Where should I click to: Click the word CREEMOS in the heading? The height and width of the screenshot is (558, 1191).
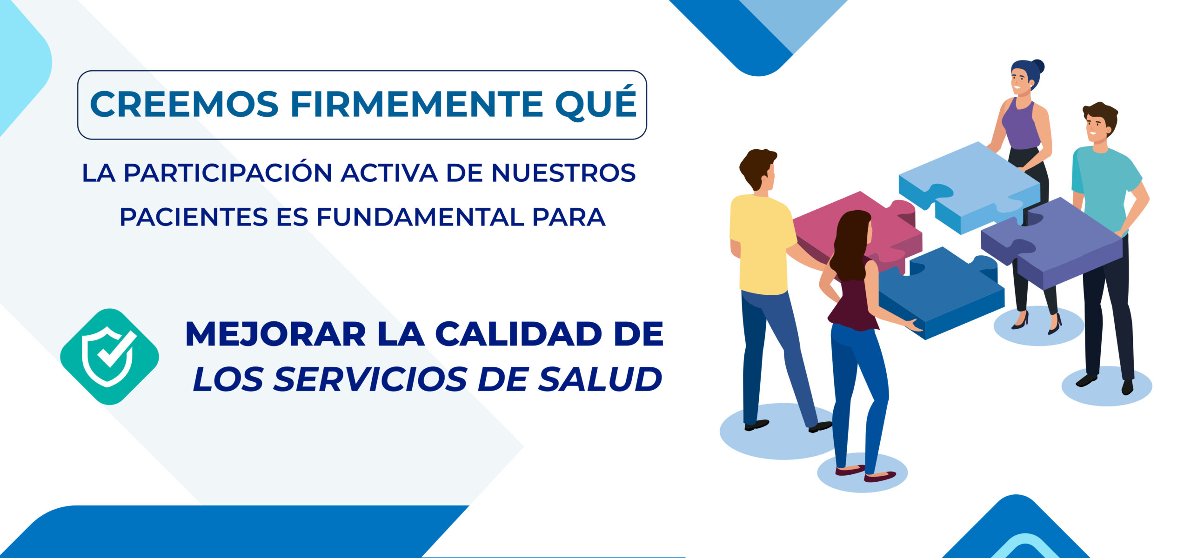click(184, 104)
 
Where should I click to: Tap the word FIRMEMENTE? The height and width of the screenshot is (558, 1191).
click(417, 104)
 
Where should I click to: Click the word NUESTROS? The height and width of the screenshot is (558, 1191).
click(563, 173)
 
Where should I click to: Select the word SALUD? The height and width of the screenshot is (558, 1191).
click(600, 379)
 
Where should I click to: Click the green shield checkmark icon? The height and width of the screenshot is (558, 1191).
click(110, 357)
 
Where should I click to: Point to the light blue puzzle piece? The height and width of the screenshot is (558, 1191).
click(968, 186)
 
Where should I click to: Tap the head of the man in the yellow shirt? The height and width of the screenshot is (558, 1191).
click(758, 169)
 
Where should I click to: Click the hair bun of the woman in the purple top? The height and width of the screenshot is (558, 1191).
click(1038, 67)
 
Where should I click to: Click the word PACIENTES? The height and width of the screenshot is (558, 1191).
click(194, 217)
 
